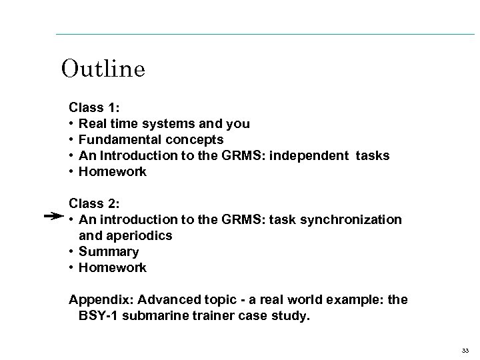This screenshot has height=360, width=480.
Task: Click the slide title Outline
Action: (x=103, y=69)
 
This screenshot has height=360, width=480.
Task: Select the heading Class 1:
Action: (x=93, y=107)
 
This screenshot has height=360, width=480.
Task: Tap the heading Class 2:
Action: (x=93, y=203)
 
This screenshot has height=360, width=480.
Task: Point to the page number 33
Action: (x=464, y=349)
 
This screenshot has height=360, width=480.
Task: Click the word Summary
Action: (x=109, y=251)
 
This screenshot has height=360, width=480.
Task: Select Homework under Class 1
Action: (x=112, y=171)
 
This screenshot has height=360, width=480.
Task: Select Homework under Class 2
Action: (x=112, y=267)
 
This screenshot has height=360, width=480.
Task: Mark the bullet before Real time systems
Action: (x=71, y=123)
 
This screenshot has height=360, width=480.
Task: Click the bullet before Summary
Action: (x=71, y=251)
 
